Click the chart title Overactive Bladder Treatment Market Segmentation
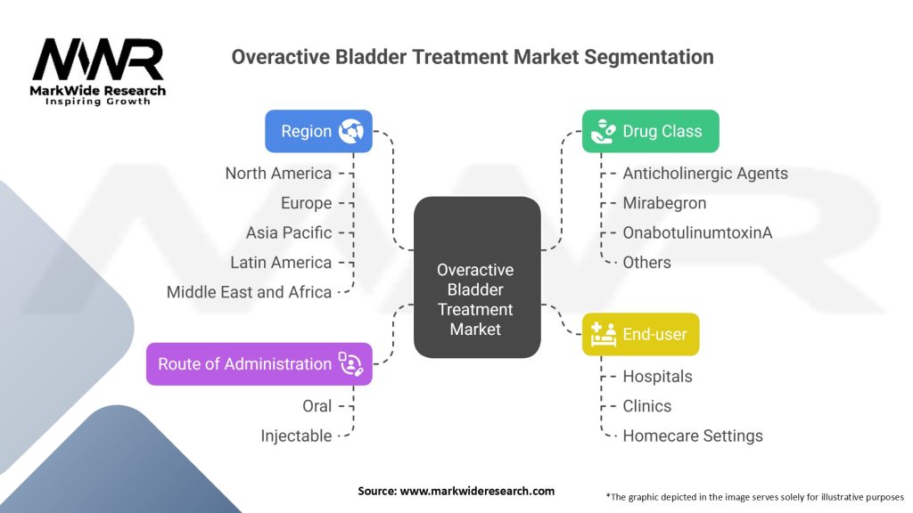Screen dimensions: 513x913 tap(473, 57)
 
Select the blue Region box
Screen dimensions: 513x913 tap(318, 131)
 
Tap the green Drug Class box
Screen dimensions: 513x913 tap(650, 131)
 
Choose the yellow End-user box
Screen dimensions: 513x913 tap(640, 334)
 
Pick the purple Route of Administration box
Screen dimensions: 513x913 tap(259, 363)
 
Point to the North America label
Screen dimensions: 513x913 tap(278, 173)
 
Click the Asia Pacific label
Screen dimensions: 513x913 tap(289, 232)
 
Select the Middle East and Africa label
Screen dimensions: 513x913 tap(249, 292)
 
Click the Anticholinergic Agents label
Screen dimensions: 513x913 tap(705, 173)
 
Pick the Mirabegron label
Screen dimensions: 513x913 tap(664, 203)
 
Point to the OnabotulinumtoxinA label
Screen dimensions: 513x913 tap(697, 232)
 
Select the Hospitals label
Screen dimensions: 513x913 tap(657, 376)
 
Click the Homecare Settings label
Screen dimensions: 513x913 tap(693, 436)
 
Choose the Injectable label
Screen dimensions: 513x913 tap(296, 436)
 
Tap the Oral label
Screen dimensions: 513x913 tap(317, 406)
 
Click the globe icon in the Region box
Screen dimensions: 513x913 tap(350, 131)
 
